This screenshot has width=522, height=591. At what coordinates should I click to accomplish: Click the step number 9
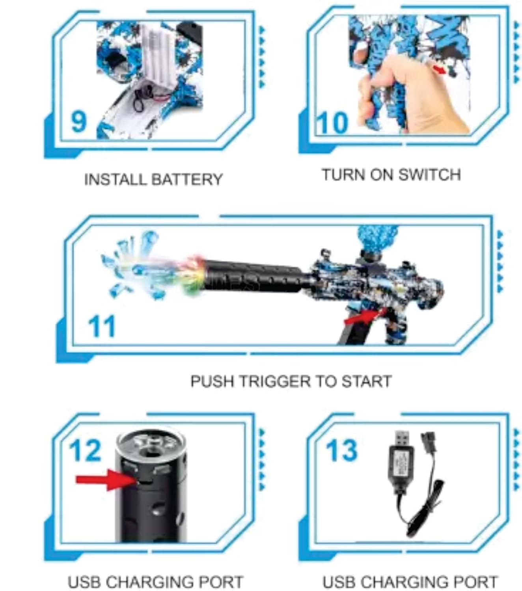(79, 122)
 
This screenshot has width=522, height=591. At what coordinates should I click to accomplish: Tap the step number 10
(333, 123)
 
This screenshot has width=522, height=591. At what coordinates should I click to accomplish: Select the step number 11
(102, 326)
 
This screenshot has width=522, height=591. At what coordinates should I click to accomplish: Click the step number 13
(341, 451)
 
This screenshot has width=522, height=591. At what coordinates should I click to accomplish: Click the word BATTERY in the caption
(187, 179)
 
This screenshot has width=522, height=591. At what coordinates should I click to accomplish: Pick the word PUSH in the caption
(212, 381)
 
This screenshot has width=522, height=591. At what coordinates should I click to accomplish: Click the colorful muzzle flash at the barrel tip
(194, 276)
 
